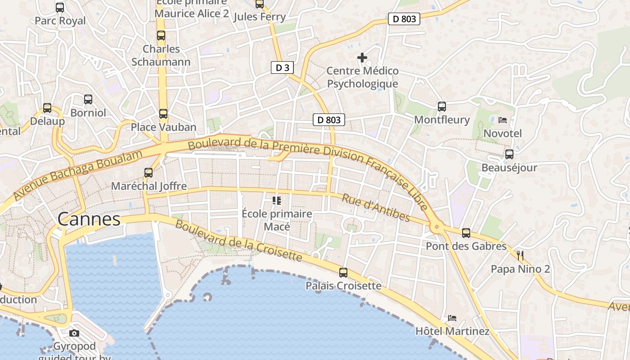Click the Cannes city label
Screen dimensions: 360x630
coord(89,219)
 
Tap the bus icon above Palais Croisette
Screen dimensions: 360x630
coord(343,272)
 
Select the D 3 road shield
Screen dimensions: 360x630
coord(283,68)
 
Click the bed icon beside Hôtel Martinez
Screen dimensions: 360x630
coord(452,318)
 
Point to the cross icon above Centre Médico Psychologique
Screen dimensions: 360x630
coord(362,58)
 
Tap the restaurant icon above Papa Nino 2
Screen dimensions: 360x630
coord(520,256)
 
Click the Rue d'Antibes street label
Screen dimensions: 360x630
coord(376,208)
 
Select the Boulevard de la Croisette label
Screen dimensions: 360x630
coord(238,240)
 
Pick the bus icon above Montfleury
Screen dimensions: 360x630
coord(442,107)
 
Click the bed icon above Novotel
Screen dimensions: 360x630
coord(503,120)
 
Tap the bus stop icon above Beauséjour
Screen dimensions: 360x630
coord(509,154)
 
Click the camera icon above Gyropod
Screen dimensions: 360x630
coord(74,333)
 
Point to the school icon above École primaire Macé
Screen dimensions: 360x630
coord(277,200)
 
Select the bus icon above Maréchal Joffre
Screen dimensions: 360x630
coord(148,172)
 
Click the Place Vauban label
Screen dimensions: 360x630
coord(163,127)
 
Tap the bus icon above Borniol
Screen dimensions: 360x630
coord(88,99)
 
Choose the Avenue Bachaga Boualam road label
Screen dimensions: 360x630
coord(77,175)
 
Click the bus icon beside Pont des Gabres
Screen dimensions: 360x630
coord(466,233)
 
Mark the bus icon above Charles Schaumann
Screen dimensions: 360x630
coord(161,36)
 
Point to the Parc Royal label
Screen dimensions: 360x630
coord(60,21)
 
